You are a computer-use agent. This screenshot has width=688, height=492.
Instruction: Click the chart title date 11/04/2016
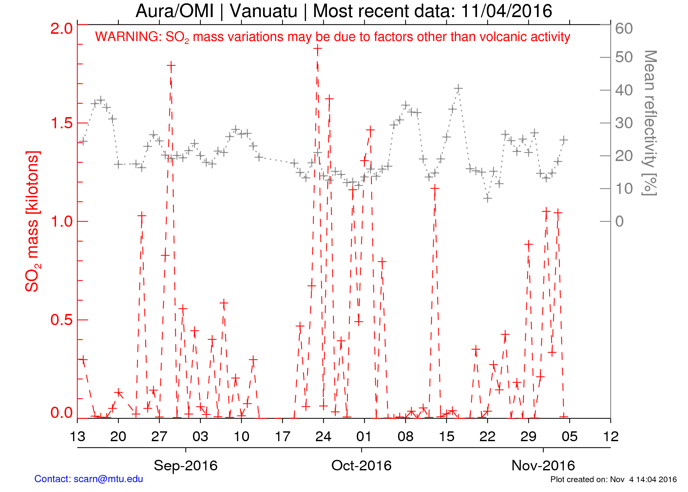click(506, 11)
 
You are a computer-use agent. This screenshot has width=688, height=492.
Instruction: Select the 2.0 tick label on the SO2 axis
click(61, 29)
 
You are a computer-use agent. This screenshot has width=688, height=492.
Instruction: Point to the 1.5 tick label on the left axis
click(61, 123)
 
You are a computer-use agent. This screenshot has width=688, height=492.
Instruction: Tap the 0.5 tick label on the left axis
click(61, 320)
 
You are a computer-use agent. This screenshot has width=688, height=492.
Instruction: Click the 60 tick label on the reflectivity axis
click(624, 29)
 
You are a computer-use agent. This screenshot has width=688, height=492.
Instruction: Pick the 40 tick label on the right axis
click(624, 91)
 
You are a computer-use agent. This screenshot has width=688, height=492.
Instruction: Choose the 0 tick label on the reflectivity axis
click(620, 222)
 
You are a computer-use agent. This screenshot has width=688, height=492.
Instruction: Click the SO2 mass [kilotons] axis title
click(33, 221)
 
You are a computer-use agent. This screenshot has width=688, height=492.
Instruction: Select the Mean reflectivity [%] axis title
click(650, 123)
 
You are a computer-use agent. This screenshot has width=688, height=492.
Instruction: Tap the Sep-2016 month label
click(185, 465)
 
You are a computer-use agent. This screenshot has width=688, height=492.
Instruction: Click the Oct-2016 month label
click(361, 465)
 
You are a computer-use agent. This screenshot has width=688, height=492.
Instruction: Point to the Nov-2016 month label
click(543, 465)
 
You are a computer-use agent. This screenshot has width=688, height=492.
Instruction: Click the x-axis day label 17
click(282, 437)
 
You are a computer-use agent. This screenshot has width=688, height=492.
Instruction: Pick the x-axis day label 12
click(610, 437)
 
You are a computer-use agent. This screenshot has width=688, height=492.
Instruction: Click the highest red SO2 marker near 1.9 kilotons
click(317, 49)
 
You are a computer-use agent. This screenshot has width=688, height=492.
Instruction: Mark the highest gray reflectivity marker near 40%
click(458, 88)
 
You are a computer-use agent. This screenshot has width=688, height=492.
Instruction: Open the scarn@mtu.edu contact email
click(108, 479)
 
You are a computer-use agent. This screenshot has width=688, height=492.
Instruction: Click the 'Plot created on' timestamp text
click(613, 480)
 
